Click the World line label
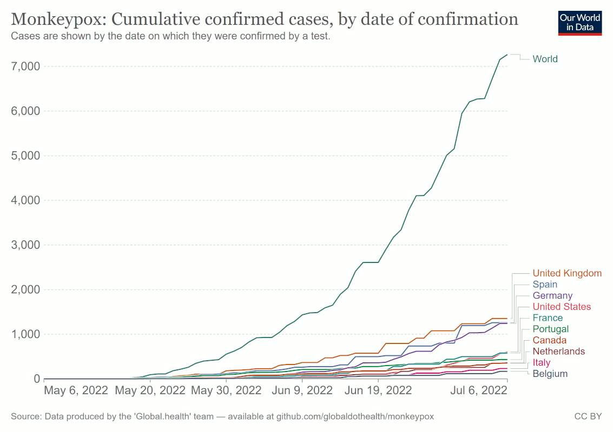545,59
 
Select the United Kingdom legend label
567,273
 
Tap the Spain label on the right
545,285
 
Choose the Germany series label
552,295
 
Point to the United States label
562,307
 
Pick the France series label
548,318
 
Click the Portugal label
550,329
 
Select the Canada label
549,340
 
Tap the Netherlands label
558,352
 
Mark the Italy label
542,362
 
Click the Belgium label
550,374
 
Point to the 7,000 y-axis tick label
25,66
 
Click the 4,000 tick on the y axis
25,200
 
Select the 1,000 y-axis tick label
25,334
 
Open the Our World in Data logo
580,22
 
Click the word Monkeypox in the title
58,19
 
